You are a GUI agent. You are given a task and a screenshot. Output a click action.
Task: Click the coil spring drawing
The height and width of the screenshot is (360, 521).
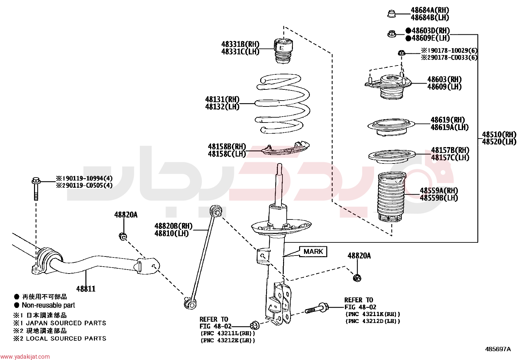tap(283, 104)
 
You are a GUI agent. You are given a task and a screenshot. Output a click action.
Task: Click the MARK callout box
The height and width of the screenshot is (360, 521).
tap(313, 252)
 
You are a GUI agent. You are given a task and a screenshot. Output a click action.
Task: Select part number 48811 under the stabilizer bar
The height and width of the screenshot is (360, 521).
tap(86, 289)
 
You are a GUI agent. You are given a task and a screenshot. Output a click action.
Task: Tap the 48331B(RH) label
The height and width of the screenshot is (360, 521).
tap(240, 44)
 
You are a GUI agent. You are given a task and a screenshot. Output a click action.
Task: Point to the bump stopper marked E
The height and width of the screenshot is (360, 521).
tap(283, 51)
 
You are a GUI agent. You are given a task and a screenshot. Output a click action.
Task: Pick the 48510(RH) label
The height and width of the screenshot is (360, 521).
tap(499, 134)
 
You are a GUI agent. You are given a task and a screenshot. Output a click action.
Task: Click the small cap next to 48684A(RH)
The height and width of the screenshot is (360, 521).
tap(392, 14)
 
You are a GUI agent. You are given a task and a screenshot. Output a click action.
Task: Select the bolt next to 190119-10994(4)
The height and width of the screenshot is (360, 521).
tap(36, 189)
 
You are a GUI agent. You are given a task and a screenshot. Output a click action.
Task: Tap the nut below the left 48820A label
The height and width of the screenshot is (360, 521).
tap(123, 237)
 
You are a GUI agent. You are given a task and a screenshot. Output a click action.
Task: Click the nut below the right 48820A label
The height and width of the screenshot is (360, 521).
tap(357, 278)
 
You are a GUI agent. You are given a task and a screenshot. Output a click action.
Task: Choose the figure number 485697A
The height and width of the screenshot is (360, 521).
tap(498, 349)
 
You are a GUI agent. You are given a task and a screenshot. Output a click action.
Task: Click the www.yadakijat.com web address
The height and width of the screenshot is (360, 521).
tap(25, 356)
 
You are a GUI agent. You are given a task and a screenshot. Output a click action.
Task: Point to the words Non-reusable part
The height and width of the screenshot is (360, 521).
tap(48, 305)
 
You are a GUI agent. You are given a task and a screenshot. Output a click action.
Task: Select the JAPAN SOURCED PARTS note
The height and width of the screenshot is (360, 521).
tap(66, 323)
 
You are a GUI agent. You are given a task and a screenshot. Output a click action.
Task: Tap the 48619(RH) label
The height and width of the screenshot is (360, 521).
tap(448, 120)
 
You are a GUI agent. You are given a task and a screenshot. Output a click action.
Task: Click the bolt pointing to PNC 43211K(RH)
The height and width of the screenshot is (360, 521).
tap(317, 308)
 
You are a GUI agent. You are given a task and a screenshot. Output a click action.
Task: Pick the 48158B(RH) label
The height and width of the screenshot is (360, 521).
tap(227, 146)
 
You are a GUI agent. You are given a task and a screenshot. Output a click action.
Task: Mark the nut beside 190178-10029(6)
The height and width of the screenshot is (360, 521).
tap(401, 53)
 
